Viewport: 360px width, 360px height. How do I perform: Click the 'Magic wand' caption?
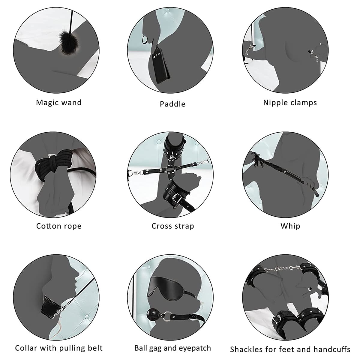[59, 103]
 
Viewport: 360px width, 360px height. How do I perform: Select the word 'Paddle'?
[172, 104]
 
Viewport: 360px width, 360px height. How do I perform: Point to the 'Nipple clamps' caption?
[290, 103]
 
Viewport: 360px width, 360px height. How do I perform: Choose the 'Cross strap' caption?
[173, 226]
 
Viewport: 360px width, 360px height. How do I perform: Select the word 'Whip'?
[290, 226]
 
